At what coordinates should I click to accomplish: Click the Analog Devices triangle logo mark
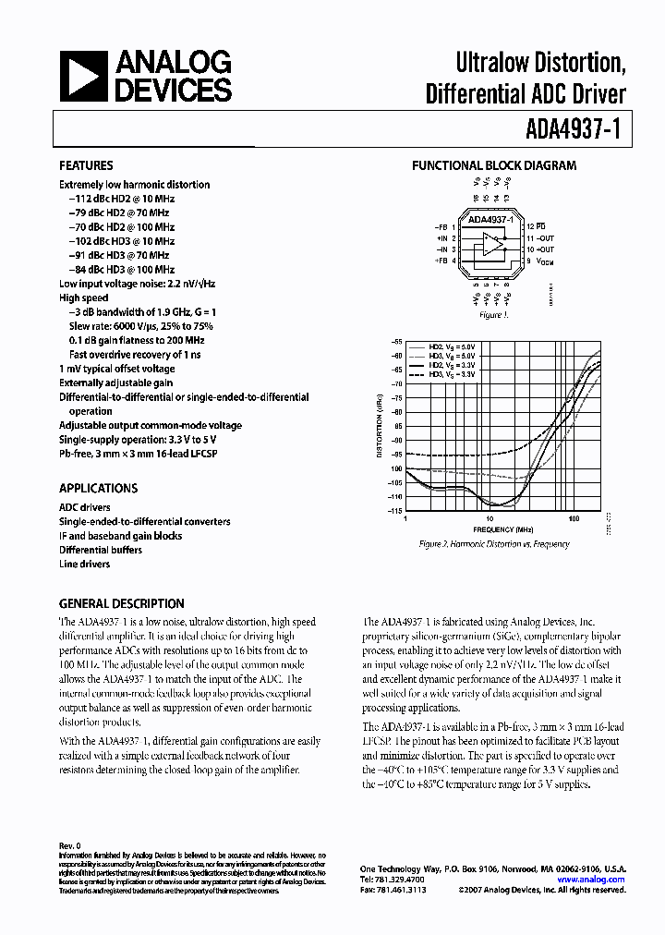(x=81, y=77)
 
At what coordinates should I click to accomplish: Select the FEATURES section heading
(x=87, y=166)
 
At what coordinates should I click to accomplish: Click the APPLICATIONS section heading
(x=98, y=489)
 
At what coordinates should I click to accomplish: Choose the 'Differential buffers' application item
(x=101, y=550)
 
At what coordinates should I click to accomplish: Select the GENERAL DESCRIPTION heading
(x=121, y=603)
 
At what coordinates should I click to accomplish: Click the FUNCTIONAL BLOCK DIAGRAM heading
(x=493, y=166)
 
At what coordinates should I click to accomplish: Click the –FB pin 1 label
(x=442, y=226)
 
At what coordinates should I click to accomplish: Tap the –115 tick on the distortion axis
(x=395, y=510)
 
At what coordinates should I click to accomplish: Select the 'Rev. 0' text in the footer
(x=70, y=845)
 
